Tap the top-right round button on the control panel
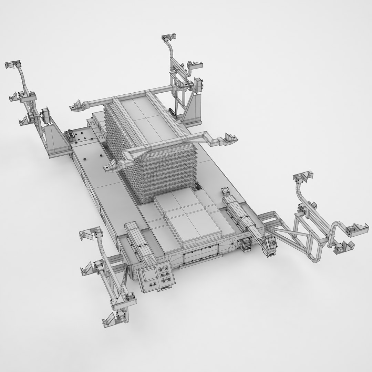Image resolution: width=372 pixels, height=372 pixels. coord(168,267)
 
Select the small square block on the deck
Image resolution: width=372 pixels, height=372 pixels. coord(226,190)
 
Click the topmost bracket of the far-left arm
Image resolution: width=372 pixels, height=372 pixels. coord(14,65)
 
